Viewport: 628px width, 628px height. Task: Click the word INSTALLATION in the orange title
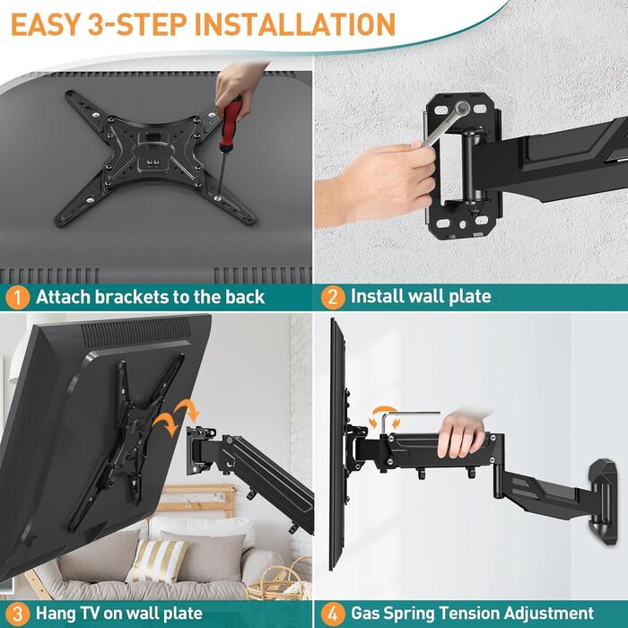(295, 24)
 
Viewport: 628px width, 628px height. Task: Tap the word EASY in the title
(45, 24)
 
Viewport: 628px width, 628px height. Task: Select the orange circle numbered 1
(18, 297)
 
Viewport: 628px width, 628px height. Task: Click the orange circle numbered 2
(333, 297)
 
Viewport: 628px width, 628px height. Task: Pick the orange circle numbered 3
(18, 614)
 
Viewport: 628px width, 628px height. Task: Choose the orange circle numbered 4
(333, 614)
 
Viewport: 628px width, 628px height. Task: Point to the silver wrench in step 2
(444, 125)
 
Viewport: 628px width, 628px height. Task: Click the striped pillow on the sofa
(157, 561)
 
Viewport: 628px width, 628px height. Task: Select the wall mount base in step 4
(602, 502)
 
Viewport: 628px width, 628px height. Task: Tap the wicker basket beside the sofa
(279, 580)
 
